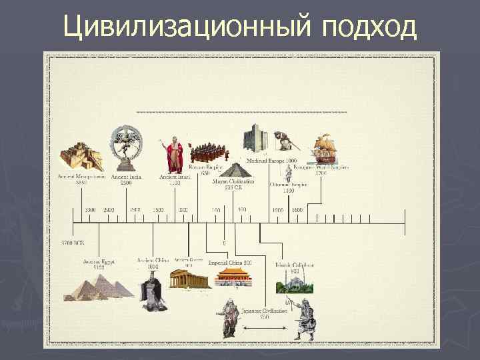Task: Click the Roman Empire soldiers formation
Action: click(207, 153)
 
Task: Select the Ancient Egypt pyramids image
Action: click(99, 287)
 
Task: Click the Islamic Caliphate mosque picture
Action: click(293, 284)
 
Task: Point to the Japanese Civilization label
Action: click(265, 313)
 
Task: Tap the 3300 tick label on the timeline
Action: click(90, 210)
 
